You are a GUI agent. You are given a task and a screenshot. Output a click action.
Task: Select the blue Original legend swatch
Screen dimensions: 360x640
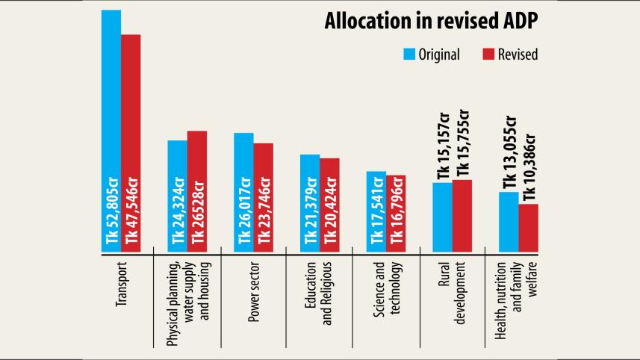coord(408,55)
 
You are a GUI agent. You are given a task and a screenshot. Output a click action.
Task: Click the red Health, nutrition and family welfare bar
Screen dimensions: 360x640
coord(528,227)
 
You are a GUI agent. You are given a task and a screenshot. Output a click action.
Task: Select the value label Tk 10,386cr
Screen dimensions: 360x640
coord(529,168)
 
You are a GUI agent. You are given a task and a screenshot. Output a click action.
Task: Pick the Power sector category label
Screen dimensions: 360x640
coord(254,287)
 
